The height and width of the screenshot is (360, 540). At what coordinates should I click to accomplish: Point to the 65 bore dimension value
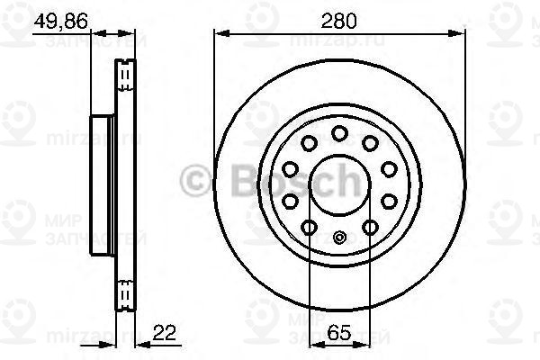pyautogui.click(x=338, y=334)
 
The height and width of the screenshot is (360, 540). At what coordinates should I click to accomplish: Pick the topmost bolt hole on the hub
pyautogui.click(x=338, y=133)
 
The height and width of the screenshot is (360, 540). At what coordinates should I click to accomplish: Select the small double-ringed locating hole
pyautogui.click(x=339, y=238)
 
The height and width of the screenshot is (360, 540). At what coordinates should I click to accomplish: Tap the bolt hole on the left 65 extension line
pyautogui.click(x=309, y=228)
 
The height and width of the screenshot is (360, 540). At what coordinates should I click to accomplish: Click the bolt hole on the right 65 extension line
pyautogui.click(x=369, y=228)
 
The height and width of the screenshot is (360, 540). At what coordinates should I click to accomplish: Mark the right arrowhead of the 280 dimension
pyautogui.click(x=463, y=34)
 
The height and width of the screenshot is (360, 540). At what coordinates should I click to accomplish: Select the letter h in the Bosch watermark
pyautogui.click(x=344, y=181)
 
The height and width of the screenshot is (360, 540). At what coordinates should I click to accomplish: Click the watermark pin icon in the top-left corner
pyautogui.click(x=16, y=19)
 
